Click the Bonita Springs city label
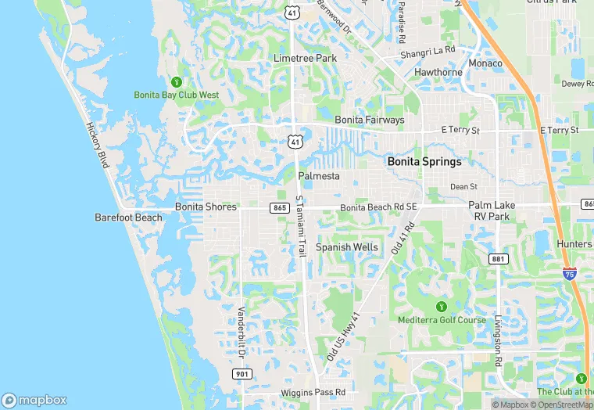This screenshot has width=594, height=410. pos(424,162)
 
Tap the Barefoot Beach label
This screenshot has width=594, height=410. pos(128,218)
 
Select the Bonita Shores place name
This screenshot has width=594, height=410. pos(206,207)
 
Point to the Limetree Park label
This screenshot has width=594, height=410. pos(304,59)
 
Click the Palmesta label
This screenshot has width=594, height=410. pos(319,176)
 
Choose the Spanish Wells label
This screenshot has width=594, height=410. pos(346,247)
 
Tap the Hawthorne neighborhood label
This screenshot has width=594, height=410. pos(438,73)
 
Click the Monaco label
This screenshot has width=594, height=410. pos(485,63)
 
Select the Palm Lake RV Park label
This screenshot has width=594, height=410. pos(489,210)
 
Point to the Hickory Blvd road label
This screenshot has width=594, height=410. pos(98,144)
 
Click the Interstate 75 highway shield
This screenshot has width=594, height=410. pos(569,274)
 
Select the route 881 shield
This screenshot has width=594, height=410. pos(498,258)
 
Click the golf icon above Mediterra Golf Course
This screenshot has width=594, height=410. pos(441,306)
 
